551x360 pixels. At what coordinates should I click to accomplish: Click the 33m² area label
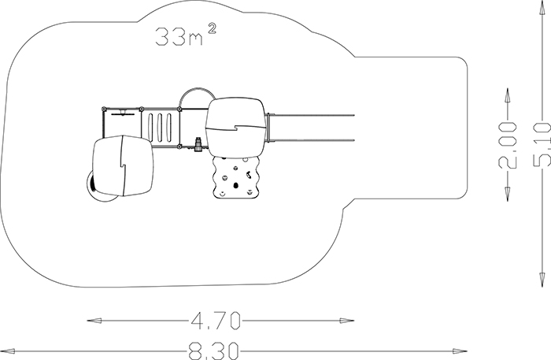pyautogui.click(x=185, y=35)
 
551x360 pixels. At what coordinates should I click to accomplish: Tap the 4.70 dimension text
pyautogui.click(x=216, y=321)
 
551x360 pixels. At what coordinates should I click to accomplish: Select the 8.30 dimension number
pyautogui.click(x=213, y=351)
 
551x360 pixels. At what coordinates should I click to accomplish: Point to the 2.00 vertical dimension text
pyautogui.click(x=508, y=145)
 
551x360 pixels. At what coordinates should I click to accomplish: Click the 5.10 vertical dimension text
pyautogui.click(x=542, y=144)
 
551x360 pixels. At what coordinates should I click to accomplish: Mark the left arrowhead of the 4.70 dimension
pyautogui.click(x=94, y=321)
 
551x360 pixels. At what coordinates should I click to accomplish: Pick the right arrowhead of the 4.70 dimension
pyautogui.click(x=347, y=321)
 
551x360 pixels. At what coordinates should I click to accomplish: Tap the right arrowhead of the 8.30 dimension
pyautogui.click(x=460, y=351)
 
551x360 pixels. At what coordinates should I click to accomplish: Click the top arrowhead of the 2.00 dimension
pyautogui.click(x=508, y=95)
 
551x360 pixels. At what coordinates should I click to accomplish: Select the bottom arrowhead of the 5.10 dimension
pyautogui.click(x=542, y=279)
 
